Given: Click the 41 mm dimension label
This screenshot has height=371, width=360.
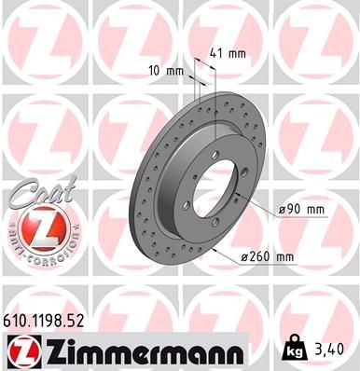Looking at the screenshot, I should [x=228, y=52].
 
